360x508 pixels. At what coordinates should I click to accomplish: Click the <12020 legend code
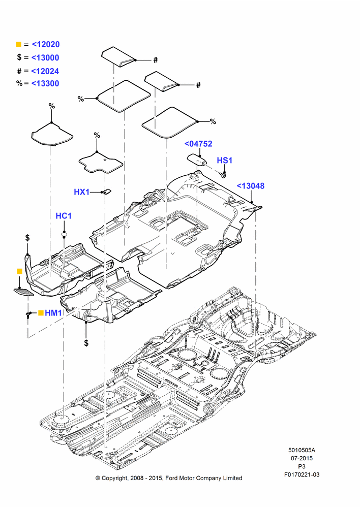tap(46, 44)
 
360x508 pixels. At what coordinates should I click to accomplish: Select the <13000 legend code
tap(45, 58)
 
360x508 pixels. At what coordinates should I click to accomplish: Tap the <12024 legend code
tap(45, 71)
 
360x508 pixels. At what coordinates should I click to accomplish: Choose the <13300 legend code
tap(45, 83)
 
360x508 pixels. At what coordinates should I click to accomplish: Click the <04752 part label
tap(198, 144)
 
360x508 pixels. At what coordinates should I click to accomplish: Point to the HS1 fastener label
tap(224, 161)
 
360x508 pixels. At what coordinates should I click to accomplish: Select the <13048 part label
tap(251, 185)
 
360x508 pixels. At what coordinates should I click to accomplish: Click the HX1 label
tap(82, 192)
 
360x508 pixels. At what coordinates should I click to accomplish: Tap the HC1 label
tap(64, 216)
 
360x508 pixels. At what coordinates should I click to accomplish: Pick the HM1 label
tap(53, 312)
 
